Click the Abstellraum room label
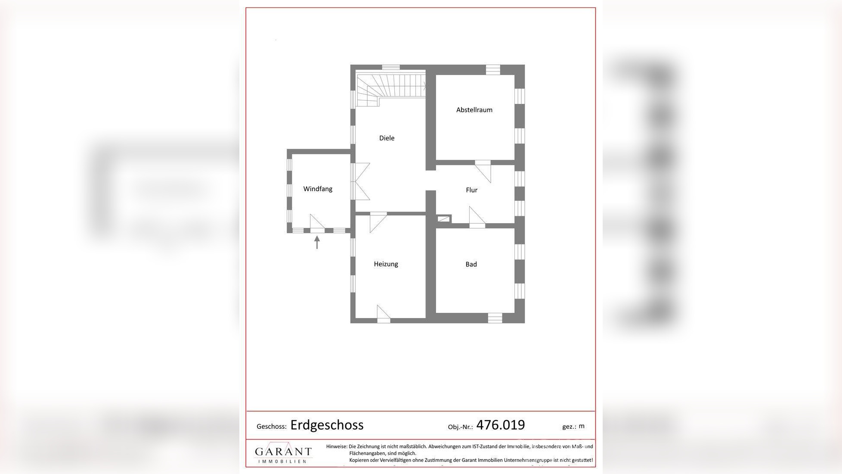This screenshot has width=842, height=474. coord(474,110)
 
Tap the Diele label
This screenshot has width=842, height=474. coord(387,138)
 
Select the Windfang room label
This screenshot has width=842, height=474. coord(318,189)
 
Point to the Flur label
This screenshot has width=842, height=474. coord(471,190)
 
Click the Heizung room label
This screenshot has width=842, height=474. coord(386,264)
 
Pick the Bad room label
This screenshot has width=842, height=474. coord(471,265)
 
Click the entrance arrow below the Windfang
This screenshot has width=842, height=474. coord(317,242)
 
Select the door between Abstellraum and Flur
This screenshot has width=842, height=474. coord(483,171)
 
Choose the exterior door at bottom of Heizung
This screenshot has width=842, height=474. coord(383,314)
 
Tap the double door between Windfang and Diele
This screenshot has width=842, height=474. coord(360,181)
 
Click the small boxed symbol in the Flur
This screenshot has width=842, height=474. coord(443,219)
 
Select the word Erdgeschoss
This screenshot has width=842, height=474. coord(327,425)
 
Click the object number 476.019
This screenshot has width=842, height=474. coord(500,425)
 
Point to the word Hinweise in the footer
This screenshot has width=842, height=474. coord(336,446)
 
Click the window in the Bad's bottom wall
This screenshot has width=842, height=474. coord(495,318)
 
